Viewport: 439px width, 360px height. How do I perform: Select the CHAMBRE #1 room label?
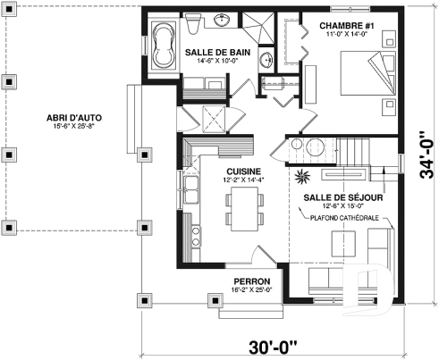[345, 26]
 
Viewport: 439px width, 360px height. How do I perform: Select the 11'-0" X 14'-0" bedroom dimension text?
[345, 36]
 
